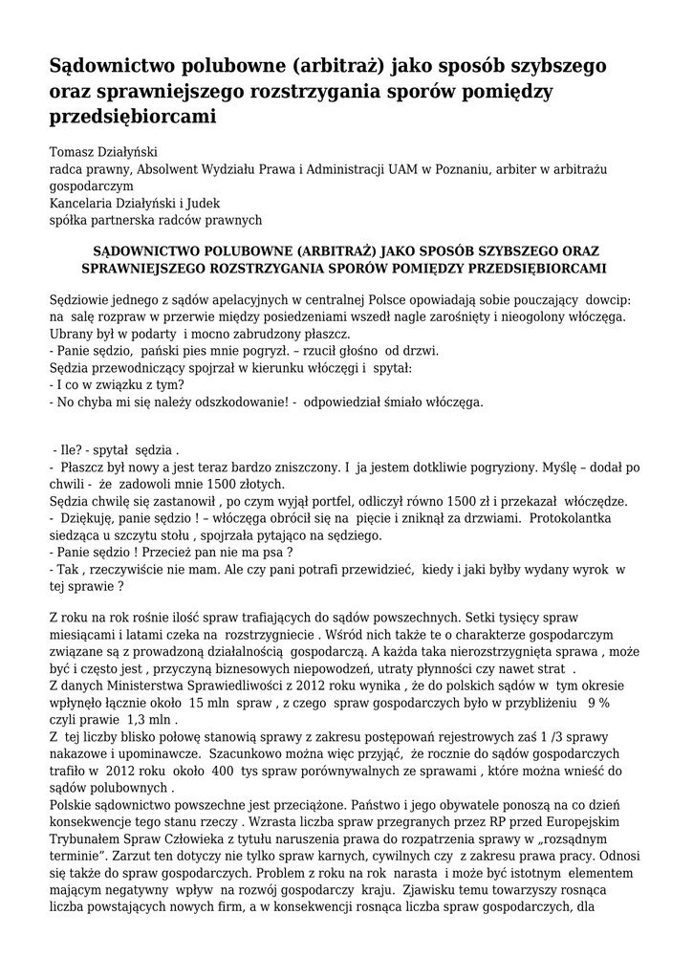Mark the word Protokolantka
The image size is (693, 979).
583,518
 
